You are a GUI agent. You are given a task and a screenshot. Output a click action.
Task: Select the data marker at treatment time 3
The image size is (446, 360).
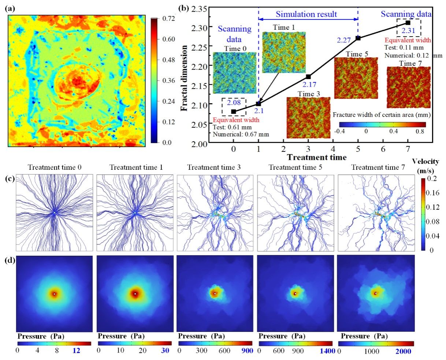click(308, 76)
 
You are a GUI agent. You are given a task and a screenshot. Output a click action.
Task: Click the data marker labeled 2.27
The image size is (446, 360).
click(358, 38)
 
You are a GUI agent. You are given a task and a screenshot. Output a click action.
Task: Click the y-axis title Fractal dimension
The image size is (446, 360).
click(185, 78)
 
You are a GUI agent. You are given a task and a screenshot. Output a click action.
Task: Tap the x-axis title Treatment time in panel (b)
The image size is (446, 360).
click(316, 157)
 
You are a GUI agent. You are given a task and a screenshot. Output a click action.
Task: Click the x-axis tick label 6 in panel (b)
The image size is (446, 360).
click(383, 149)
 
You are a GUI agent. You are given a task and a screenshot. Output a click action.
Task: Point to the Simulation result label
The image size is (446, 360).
click(306, 14)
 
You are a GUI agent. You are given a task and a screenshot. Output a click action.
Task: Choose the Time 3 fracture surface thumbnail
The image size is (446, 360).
click(308, 118)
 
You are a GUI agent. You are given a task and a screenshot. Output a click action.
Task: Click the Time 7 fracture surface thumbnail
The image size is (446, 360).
click(409, 88)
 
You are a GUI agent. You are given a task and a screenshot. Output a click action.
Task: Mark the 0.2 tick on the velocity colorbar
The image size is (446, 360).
click(431, 179)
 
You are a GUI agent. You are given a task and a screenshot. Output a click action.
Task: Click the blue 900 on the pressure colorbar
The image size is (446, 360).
click(245, 350)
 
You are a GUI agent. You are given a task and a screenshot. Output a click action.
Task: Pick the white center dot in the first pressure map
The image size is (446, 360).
click(54, 294)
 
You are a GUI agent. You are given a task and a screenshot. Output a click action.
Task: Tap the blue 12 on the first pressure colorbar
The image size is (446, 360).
click(76, 350)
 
